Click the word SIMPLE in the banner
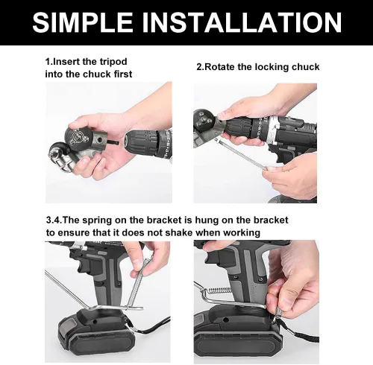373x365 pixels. (x=83, y=22)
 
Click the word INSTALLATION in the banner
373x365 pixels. (x=242, y=22)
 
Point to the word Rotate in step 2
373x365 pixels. (x=219, y=67)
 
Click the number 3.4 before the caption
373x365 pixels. (x=53, y=220)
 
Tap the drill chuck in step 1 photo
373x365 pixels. (x=141, y=143)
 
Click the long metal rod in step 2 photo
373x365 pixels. (x=241, y=154)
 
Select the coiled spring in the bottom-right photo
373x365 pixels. (x=219, y=290)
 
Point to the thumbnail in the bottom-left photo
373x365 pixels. (x=137, y=261)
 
